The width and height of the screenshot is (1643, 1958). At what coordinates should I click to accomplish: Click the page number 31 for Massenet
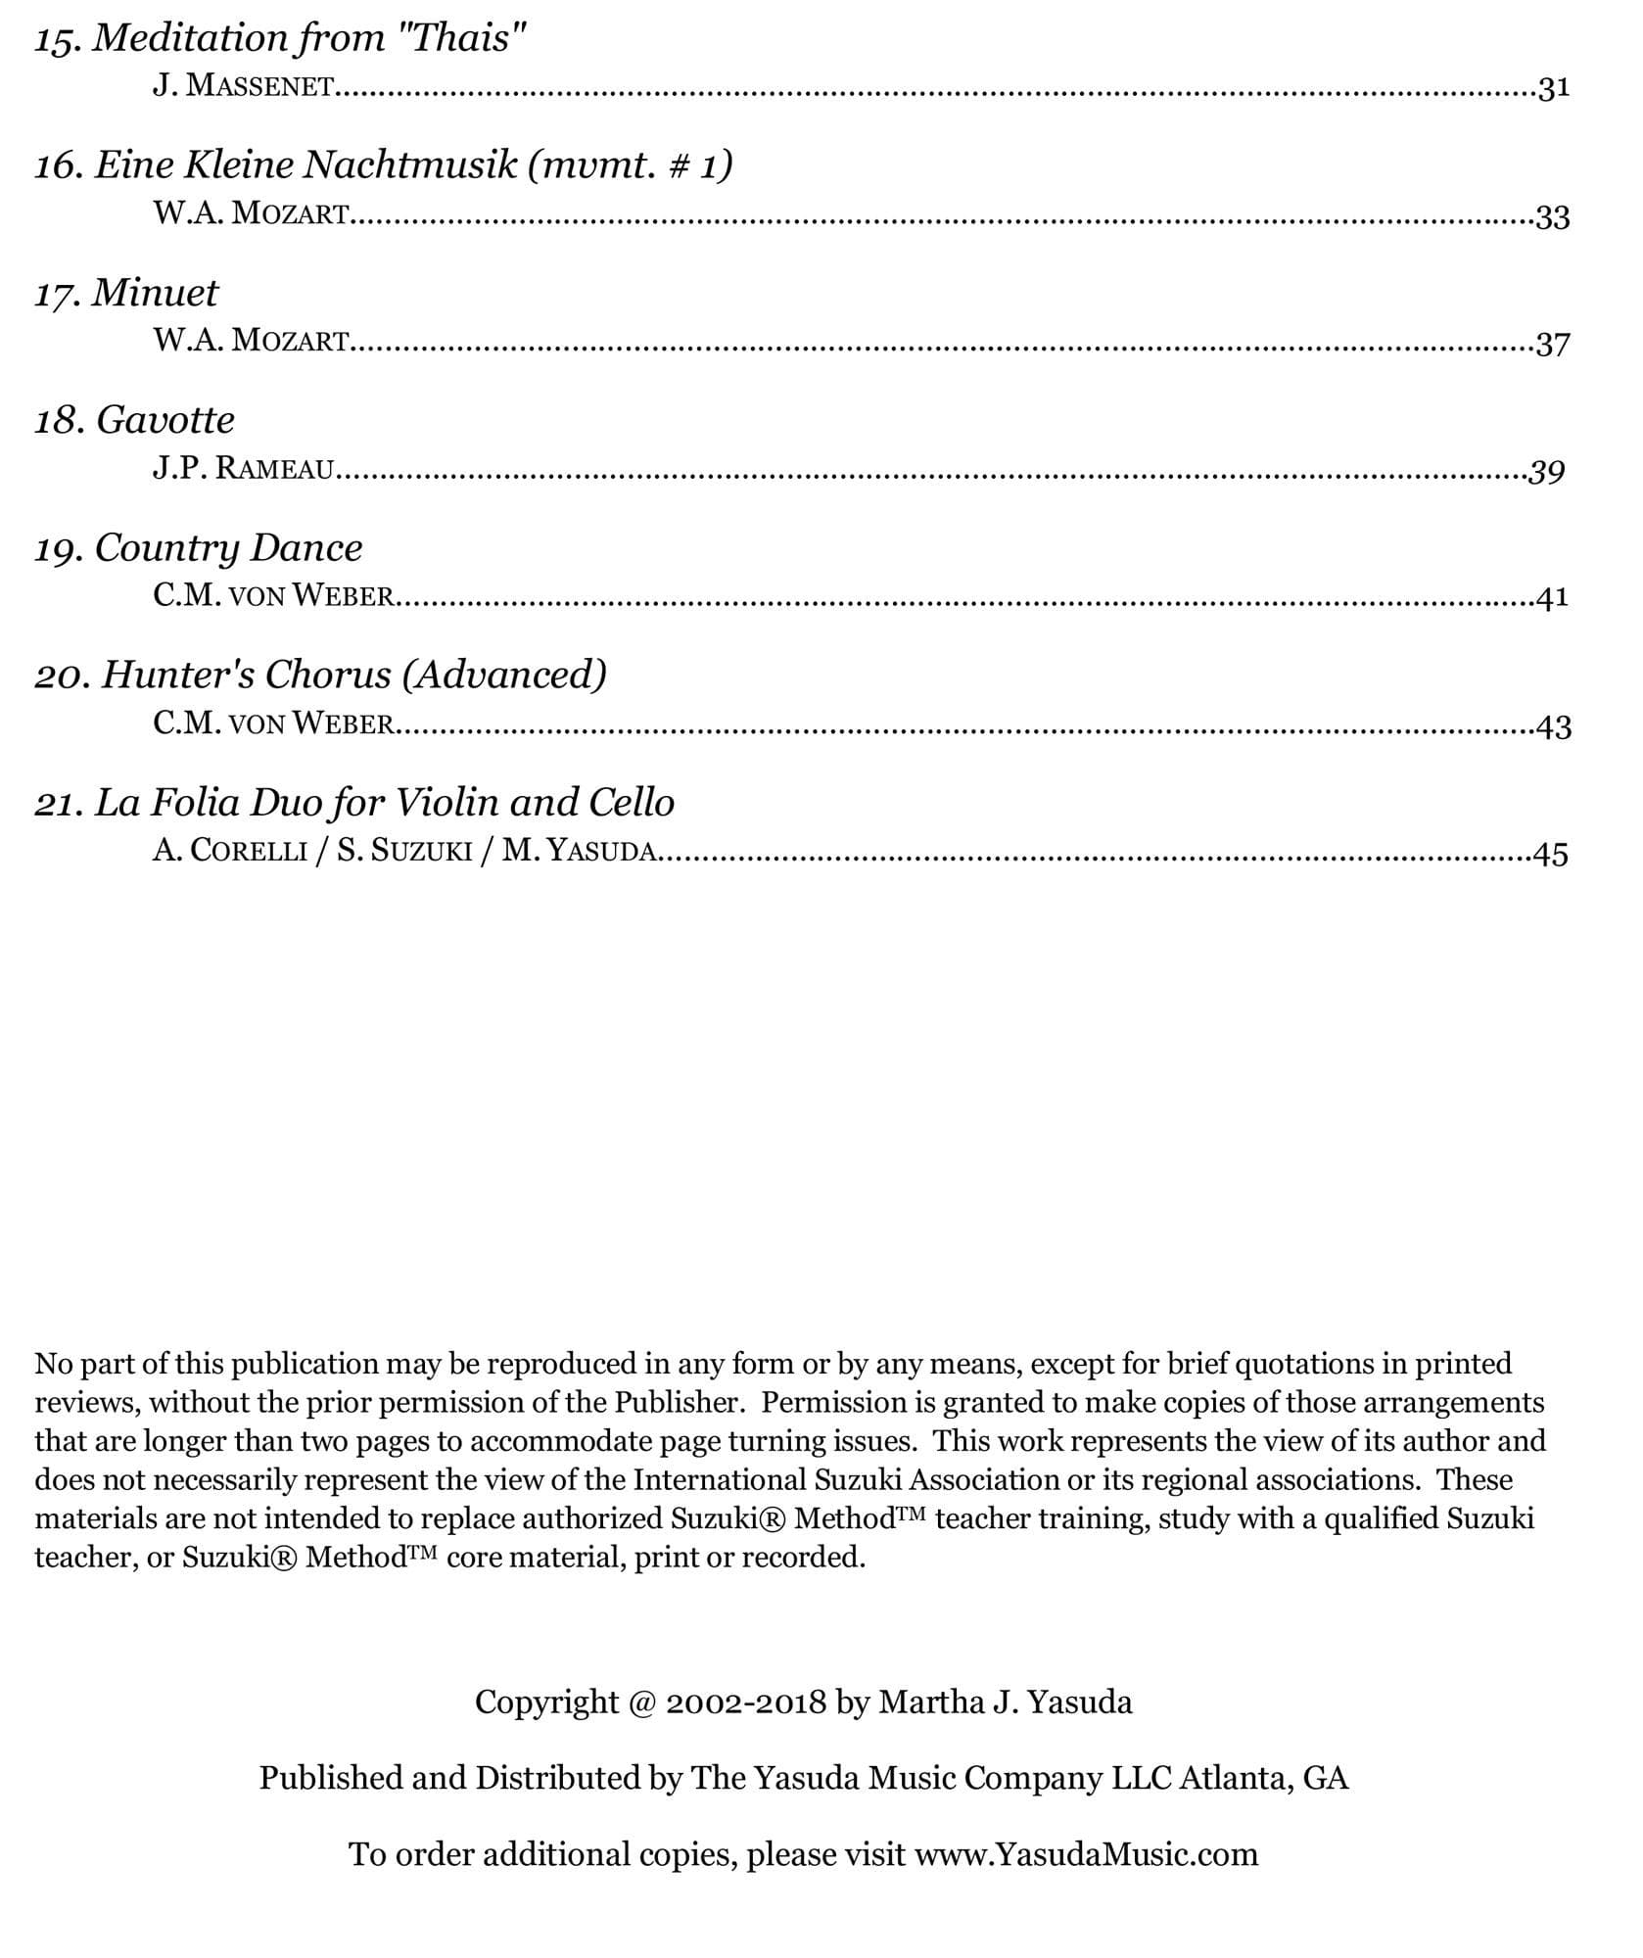[1554, 89]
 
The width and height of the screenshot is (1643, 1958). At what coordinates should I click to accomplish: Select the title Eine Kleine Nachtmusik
[305, 165]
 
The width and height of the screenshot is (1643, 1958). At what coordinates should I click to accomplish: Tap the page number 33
[1553, 216]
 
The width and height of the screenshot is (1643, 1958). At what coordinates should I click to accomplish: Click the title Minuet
[155, 293]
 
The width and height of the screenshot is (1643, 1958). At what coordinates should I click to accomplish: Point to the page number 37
[1553, 344]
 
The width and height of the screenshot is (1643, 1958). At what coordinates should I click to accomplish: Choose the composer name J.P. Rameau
[243, 469]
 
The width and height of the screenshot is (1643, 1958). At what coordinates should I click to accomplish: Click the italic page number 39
[1547, 472]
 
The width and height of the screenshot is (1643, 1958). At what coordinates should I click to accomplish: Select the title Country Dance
[228, 548]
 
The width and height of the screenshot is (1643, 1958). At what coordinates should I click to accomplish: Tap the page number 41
[1553, 597]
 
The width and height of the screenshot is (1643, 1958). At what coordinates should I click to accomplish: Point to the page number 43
[1554, 726]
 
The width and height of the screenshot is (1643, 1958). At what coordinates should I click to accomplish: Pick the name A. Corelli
[229, 851]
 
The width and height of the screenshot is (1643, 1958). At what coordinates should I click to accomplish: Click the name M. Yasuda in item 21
[579, 851]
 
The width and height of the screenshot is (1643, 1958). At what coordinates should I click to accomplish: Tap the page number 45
[1552, 854]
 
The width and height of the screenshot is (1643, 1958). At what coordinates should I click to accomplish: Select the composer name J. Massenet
[243, 87]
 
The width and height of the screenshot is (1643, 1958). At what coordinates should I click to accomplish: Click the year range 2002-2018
[746, 1702]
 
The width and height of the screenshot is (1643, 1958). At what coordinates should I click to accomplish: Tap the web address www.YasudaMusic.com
[1086, 1855]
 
